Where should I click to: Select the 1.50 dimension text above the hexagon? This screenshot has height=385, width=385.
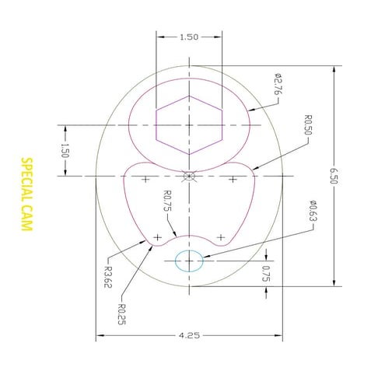point(189,37)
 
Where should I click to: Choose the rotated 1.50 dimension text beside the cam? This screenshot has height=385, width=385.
point(65,150)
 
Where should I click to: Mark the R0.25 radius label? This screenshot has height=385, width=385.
point(122,316)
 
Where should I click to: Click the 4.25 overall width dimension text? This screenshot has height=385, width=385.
point(189,336)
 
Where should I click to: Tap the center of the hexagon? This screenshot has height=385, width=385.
point(189,124)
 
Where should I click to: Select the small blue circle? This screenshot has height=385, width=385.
point(189,261)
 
